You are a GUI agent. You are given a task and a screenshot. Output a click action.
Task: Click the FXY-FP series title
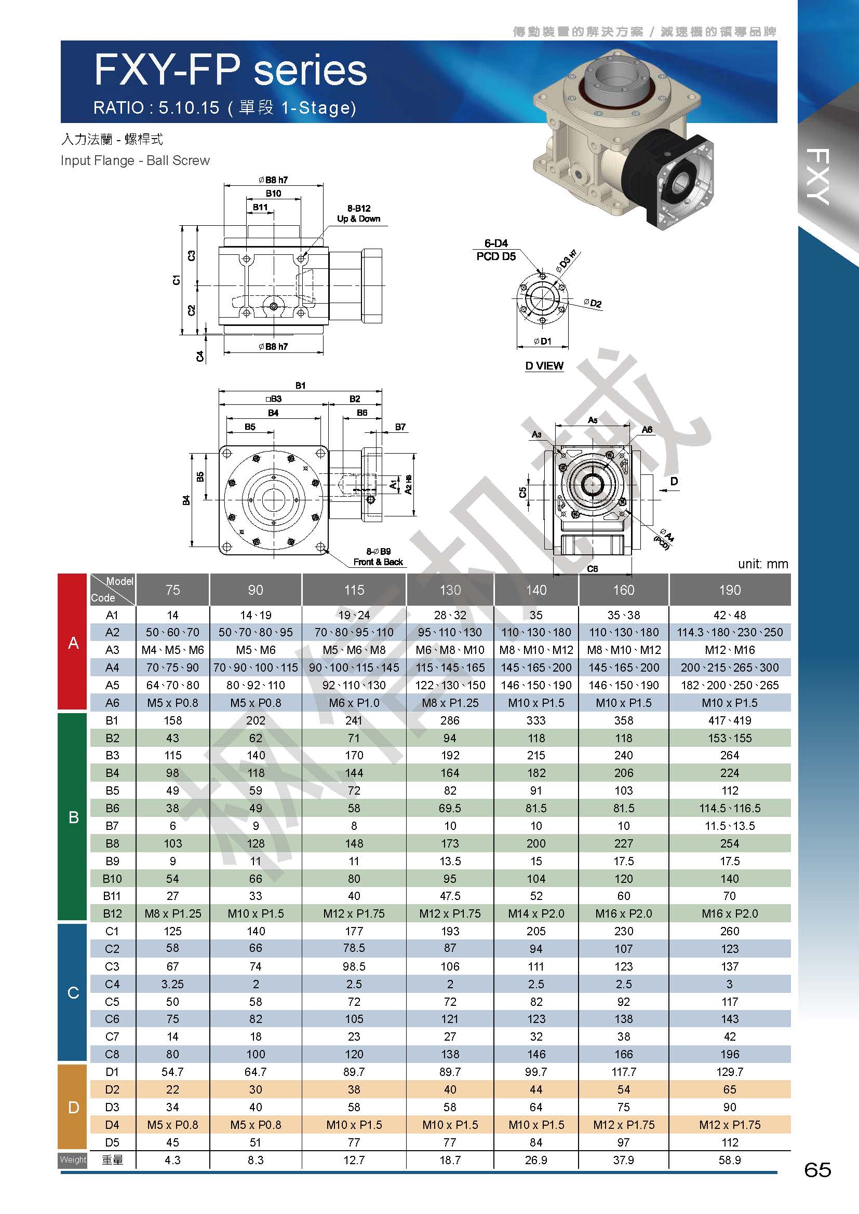coord(230,70)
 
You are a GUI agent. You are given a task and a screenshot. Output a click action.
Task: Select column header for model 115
coord(354,590)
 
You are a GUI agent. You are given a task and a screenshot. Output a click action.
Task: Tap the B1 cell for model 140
coord(536,720)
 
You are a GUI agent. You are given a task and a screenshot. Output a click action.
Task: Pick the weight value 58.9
coord(729,1160)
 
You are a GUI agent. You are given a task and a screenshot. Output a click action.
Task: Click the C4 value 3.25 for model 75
coord(172,984)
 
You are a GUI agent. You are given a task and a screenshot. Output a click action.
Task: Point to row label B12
coord(112,913)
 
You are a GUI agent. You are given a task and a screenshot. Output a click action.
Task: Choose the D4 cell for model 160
coord(624,1125)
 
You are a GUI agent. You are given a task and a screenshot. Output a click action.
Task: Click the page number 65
coord(817,1169)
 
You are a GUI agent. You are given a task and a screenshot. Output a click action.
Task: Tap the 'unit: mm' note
coord(763,564)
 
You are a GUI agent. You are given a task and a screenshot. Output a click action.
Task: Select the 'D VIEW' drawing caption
coord(544,366)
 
